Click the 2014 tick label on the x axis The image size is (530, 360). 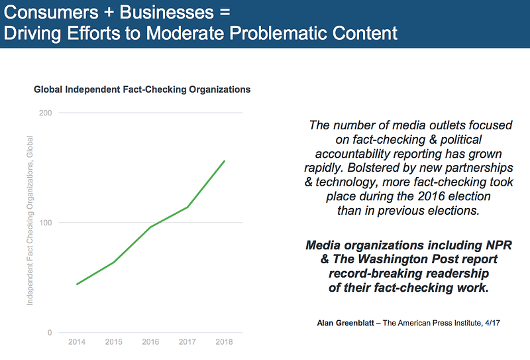77,341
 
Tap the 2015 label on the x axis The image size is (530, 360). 114,341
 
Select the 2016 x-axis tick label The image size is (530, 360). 151,341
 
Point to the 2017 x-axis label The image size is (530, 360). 188,341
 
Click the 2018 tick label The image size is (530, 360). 225,341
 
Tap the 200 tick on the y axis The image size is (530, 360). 46,113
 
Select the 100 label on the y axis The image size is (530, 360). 46,223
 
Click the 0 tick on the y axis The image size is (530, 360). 50,333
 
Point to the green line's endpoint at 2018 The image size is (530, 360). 225,160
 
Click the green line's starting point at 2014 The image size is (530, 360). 77,284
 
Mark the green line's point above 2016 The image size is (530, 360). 151,227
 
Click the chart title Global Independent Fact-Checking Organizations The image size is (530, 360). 142,89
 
